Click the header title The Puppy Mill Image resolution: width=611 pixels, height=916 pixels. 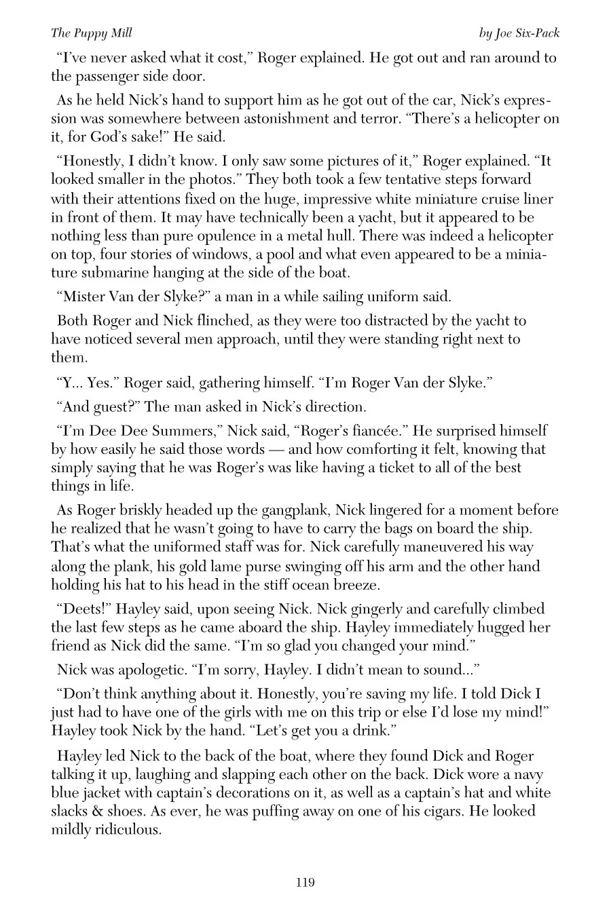tap(92, 33)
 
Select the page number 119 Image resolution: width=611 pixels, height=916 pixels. tap(305, 882)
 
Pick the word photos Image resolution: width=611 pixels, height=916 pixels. tap(214, 180)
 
